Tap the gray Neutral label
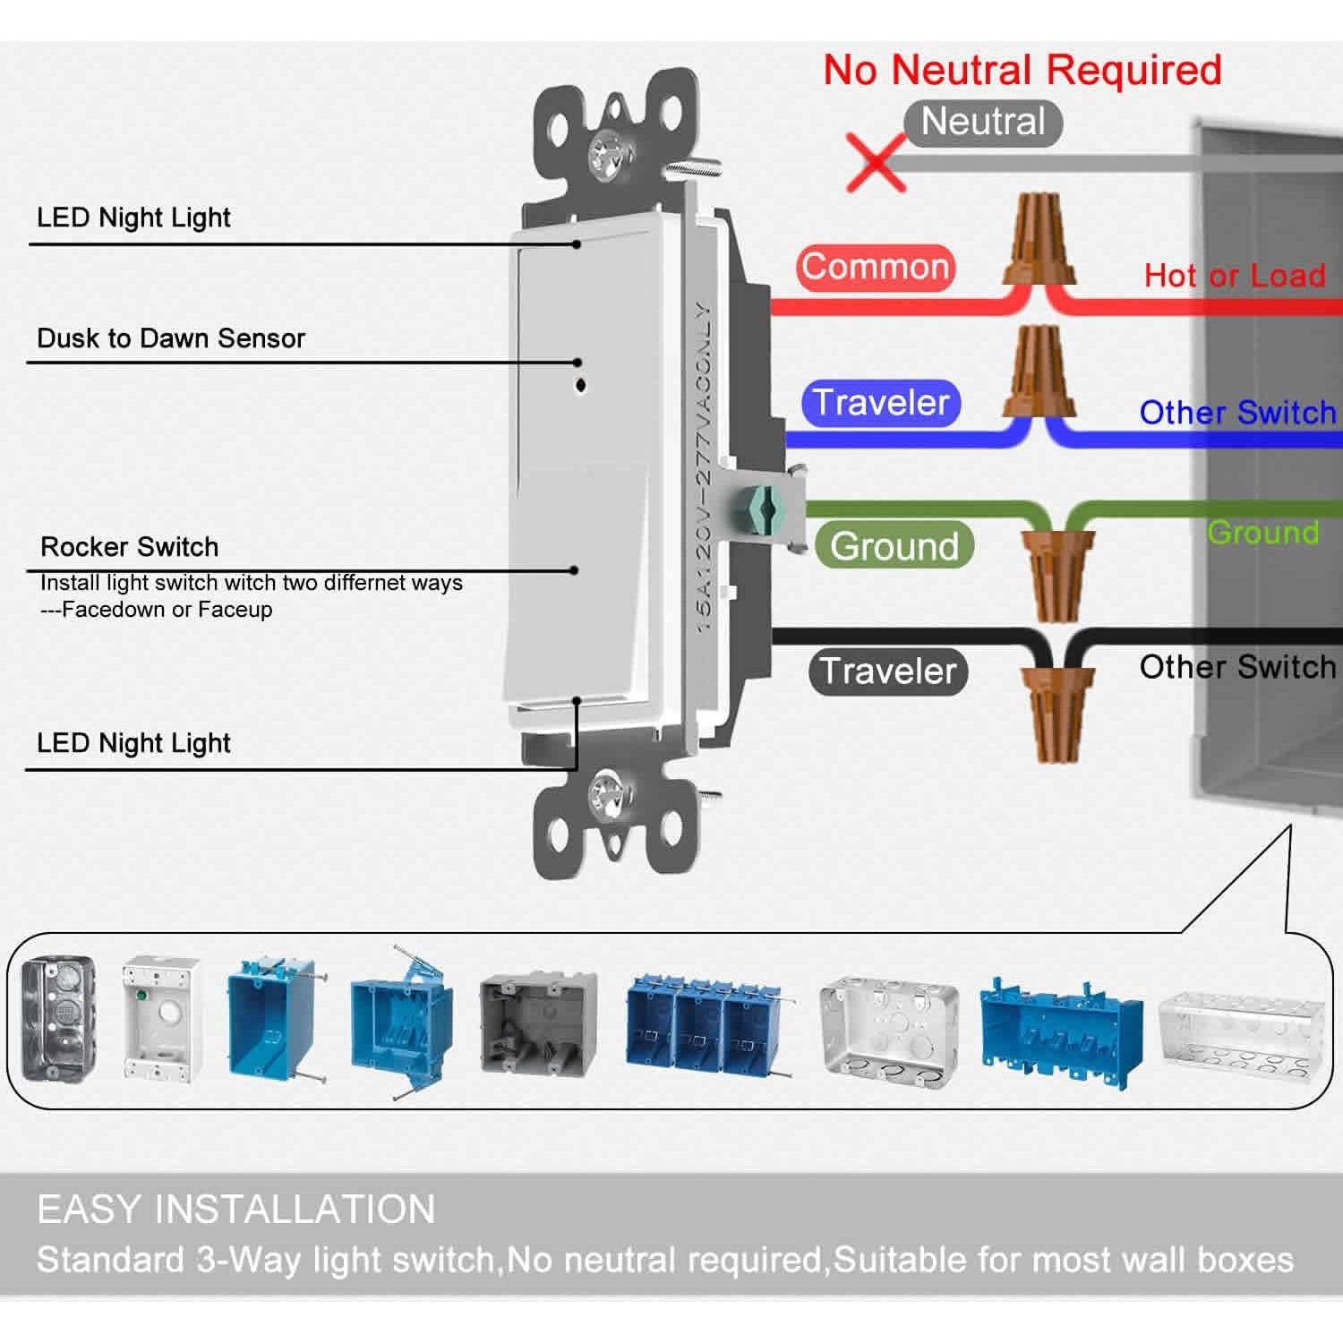(982, 122)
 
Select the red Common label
(875, 267)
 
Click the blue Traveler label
(880, 403)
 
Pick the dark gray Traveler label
(887, 671)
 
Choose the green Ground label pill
(893, 545)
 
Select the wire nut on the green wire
(1058, 573)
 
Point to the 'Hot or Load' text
(1234, 276)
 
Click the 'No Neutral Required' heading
(1022, 70)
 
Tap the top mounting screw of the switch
(611, 154)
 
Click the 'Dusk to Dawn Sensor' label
(171, 338)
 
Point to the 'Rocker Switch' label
(130, 547)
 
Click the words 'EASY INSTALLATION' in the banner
(236, 1209)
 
